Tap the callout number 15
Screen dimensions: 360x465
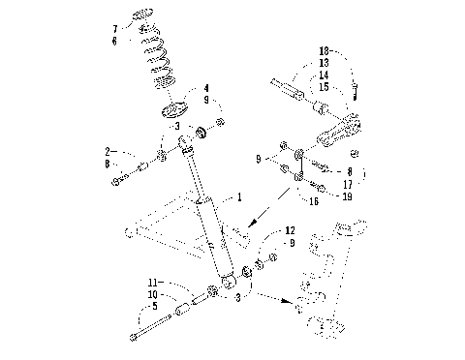tap(325, 87)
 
